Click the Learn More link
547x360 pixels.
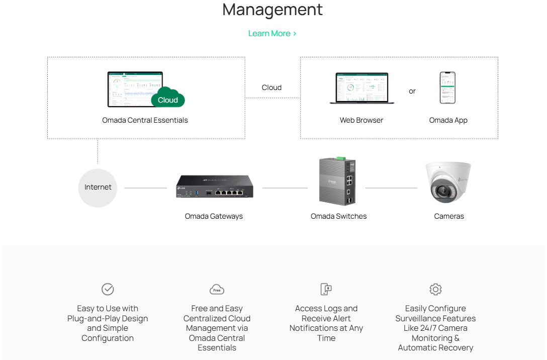pyautogui.click(x=272, y=34)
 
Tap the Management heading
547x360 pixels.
pyautogui.click(x=272, y=10)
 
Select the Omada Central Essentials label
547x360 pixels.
pyautogui.click(x=145, y=120)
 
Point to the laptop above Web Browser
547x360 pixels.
pyautogui.click(x=361, y=88)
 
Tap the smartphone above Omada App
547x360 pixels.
pyautogui.click(x=447, y=88)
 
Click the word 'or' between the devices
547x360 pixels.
pyautogui.click(x=412, y=92)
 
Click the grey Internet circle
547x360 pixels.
pyautogui.click(x=98, y=188)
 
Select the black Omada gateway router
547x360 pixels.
pyautogui.click(x=215, y=187)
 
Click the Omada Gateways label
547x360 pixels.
pyautogui.click(x=214, y=216)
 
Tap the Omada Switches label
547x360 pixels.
pyautogui.click(x=339, y=216)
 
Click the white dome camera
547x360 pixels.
pyautogui.click(x=448, y=182)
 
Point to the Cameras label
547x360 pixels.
pyautogui.click(x=449, y=216)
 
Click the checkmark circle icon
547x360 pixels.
pyautogui.click(x=108, y=289)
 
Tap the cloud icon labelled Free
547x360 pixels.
pyautogui.click(x=217, y=290)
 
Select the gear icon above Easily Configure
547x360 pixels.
pyautogui.click(x=435, y=289)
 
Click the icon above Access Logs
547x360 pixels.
pyautogui.click(x=326, y=289)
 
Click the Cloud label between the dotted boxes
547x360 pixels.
pyautogui.click(x=271, y=87)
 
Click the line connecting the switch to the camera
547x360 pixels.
pyautogui.click(x=391, y=188)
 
